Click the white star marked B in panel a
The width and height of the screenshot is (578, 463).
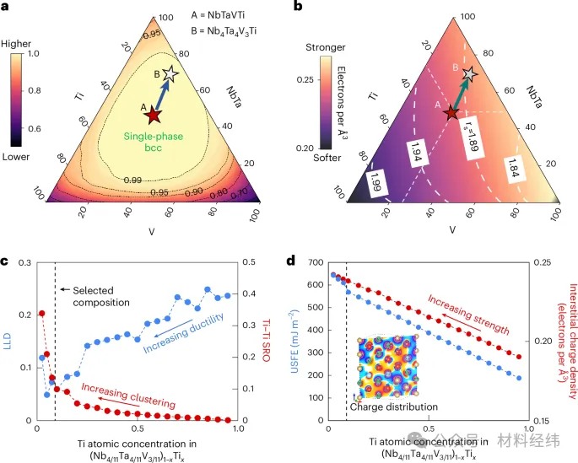coord(173,74)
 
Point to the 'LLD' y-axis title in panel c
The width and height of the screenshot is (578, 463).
coord(8,342)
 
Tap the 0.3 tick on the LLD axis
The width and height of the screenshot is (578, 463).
coord(26,264)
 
